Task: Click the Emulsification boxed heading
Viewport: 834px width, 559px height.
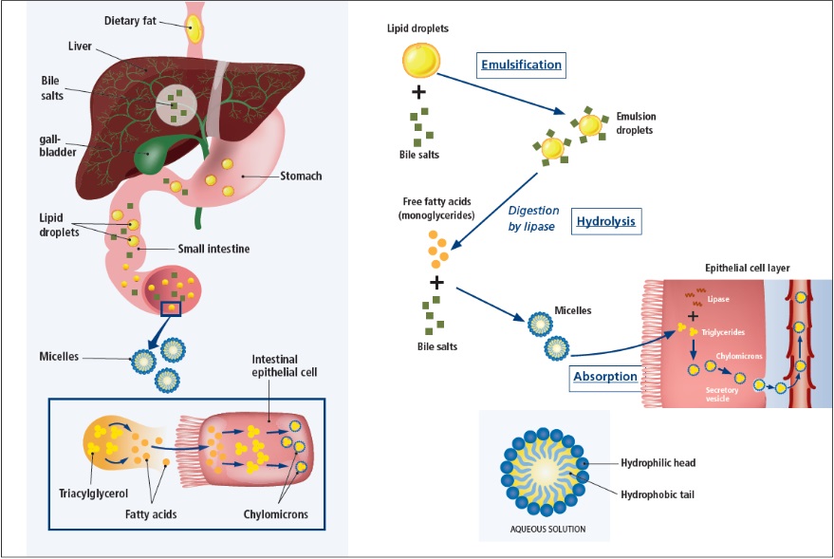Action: (x=520, y=65)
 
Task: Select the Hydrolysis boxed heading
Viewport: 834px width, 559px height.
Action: (x=606, y=223)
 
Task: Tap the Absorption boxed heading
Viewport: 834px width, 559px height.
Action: (x=605, y=377)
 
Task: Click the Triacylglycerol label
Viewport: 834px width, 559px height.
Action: (x=93, y=494)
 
